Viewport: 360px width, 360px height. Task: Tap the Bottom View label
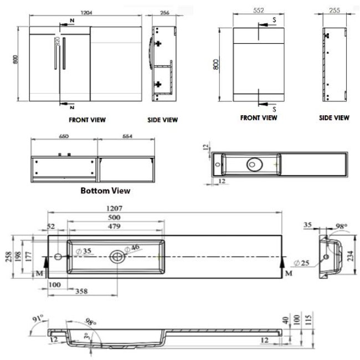(x=105, y=191)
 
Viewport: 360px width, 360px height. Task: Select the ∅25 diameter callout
(x=303, y=263)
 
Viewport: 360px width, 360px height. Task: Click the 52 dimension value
(x=52, y=226)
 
